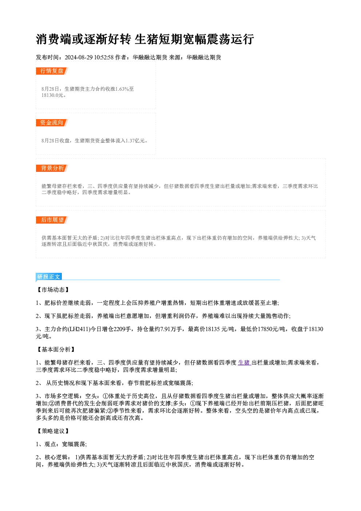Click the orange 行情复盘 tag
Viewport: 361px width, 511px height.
(x=52, y=71)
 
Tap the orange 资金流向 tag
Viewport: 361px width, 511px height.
(x=52, y=123)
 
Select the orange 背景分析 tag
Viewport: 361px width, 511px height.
(x=52, y=168)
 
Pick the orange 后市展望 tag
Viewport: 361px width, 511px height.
(x=52, y=220)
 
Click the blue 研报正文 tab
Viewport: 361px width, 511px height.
(x=49, y=277)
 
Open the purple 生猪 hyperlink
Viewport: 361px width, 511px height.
(x=244, y=363)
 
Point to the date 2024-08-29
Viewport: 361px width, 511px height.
(x=79, y=57)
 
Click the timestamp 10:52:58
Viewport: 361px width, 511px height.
(x=104, y=57)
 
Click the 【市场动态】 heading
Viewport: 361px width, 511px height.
(x=53, y=290)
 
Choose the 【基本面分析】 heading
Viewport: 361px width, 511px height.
(x=56, y=350)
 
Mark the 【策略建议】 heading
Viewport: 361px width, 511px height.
(x=53, y=431)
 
